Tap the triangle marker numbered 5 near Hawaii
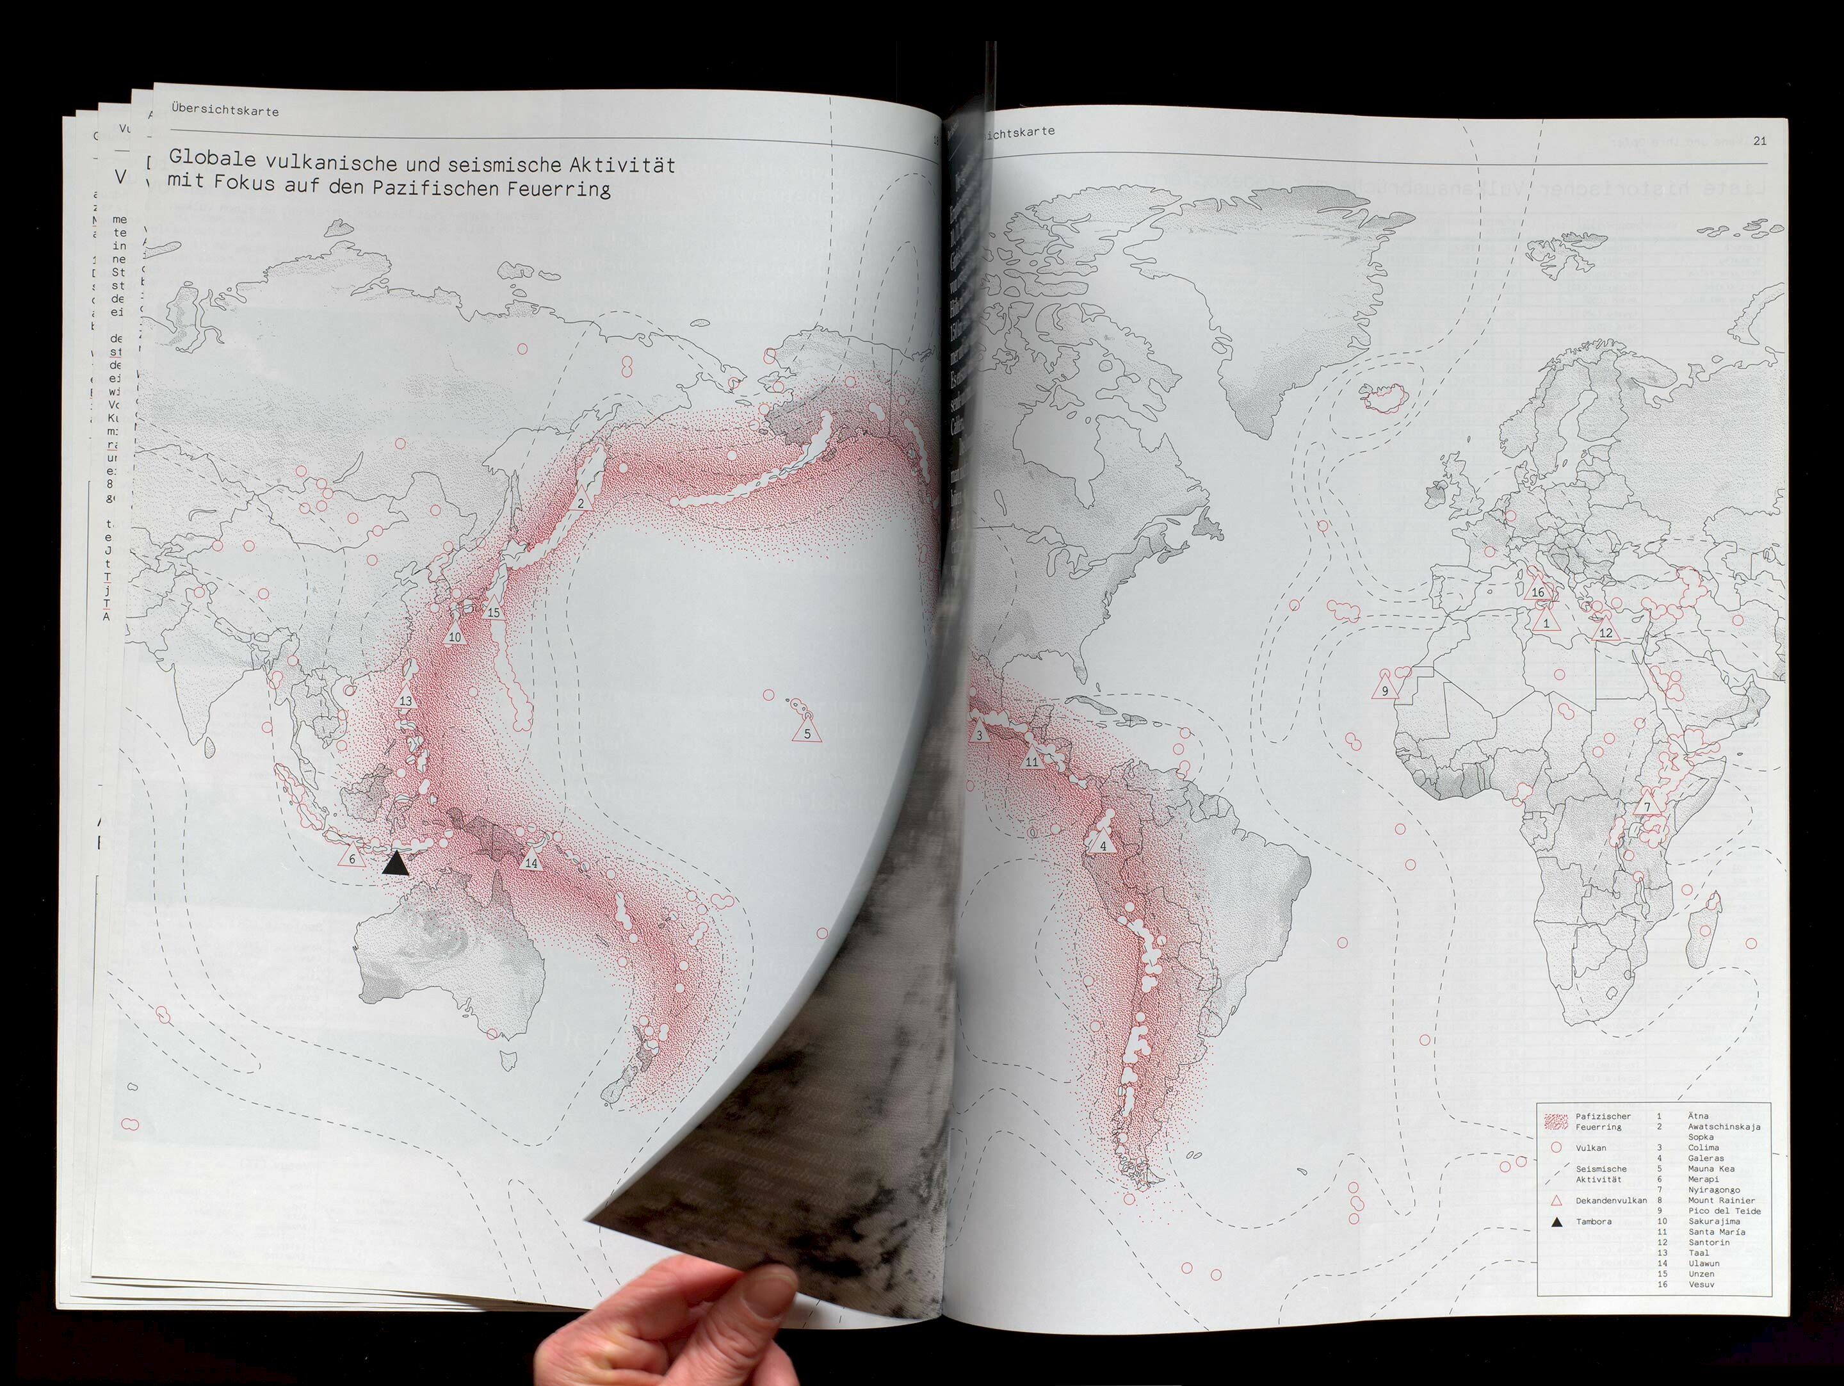pyautogui.click(x=806, y=731)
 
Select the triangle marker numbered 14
pyautogui.click(x=531, y=861)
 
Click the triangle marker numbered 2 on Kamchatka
pyautogui.click(x=580, y=501)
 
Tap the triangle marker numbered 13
pyautogui.click(x=406, y=698)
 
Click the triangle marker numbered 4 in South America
pyautogui.click(x=1103, y=843)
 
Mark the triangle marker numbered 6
pyautogui.click(x=352, y=856)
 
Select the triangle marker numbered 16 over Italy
pyautogui.click(x=1538, y=591)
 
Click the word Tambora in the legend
pyautogui.click(x=1593, y=1221)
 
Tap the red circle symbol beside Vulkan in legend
pyautogui.click(x=1556, y=1148)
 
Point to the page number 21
pyautogui.click(x=1759, y=141)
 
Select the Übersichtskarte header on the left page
pyautogui.click(x=224, y=111)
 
